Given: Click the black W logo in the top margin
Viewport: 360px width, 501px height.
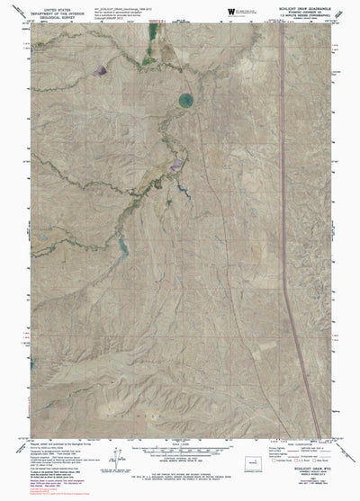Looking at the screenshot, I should [x=231, y=10].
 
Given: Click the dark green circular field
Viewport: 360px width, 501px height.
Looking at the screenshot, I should [x=186, y=100].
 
